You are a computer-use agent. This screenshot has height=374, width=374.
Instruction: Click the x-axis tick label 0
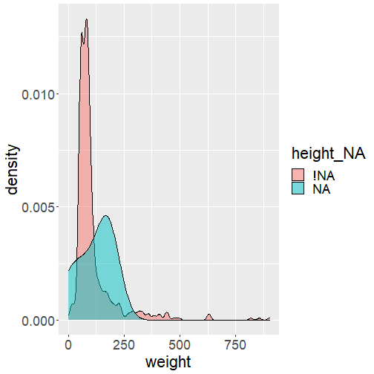pyautogui.click(x=68, y=345)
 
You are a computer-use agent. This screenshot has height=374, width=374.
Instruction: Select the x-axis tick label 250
pyautogui.click(x=124, y=345)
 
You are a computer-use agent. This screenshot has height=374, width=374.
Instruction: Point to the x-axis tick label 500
pyautogui.click(x=180, y=345)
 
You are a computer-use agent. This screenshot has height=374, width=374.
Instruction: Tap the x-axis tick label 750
pyautogui.click(x=235, y=345)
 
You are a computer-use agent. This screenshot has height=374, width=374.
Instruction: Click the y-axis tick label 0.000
pyautogui.click(x=39, y=321)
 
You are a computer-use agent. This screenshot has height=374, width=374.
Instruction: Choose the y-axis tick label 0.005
pyautogui.click(x=39, y=208)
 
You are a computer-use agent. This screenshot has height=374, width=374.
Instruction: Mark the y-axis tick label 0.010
pyautogui.click(x=39, y=95)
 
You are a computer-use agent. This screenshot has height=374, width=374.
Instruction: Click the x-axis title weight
pyautogui.click(x=168, y=362)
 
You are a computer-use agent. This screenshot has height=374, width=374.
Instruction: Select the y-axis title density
pyautogui.click(x=12, y=170)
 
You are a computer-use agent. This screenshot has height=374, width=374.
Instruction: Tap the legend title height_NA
pyautogui.click(x=329, y=154)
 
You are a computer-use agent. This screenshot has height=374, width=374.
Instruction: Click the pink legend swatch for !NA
pyautogui.click(x=298, y=175)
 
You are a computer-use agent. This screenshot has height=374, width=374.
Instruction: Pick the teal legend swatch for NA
pyautogui.click(x=298, y=188)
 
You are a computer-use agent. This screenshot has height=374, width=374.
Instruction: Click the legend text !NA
pyautogui.click(x=324, y=176)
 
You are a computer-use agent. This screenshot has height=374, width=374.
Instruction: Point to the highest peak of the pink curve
pyautogui.click(x=86, y=19)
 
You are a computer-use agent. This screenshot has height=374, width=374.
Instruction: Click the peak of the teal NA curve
pyautogui.click(x=106, y=215)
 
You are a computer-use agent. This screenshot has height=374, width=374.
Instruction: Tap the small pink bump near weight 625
pyautogui.click(x=209, y=315)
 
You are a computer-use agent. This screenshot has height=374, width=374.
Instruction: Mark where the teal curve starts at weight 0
pyautogui.click(x=68, y=271)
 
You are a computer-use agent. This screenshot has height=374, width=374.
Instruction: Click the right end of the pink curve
pyautogui.click(x=269, y=318)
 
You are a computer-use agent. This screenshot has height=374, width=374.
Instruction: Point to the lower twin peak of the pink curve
pyautogui.click(x=82, y=33)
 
